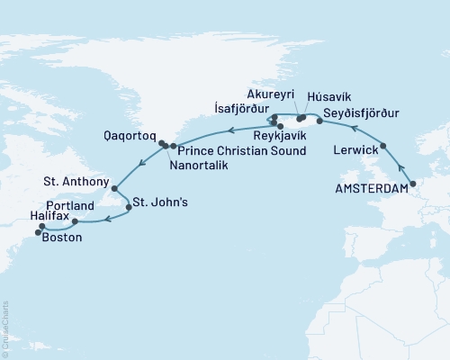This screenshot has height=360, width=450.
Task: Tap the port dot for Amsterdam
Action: point(412,184)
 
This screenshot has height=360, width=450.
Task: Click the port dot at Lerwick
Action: point(384,146)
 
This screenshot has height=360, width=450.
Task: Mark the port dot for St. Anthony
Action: point(114,188)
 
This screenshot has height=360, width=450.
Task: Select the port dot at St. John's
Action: point(130,207)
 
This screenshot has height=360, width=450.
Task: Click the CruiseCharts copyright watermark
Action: point(4,328)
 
